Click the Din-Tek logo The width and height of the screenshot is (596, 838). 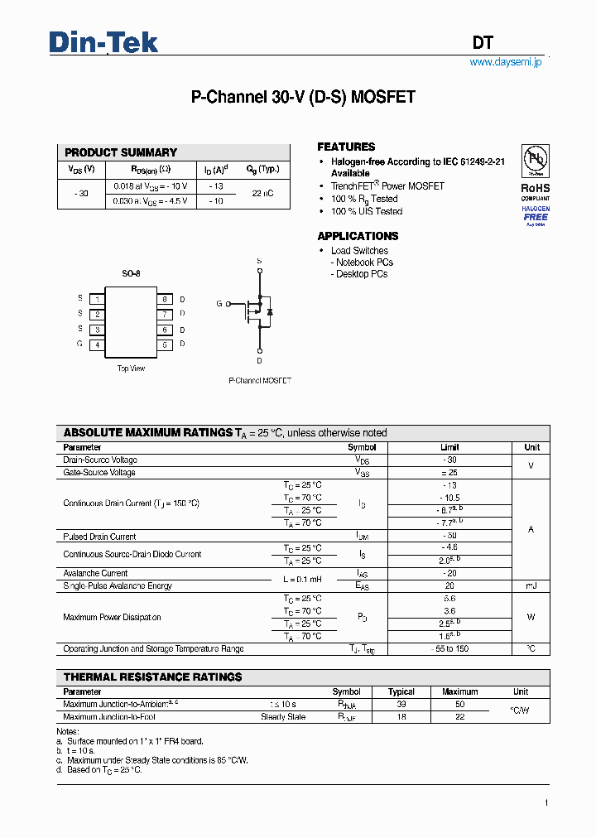tap(103, 42)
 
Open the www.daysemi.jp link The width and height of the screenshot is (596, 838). tap(505, 62)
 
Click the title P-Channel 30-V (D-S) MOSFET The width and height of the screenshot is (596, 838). tap(303, 97)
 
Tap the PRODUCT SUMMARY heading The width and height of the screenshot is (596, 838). tap(121, 152)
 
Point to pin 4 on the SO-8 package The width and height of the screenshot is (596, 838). tap(97, 344)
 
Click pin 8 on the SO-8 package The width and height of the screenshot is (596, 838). tap(165, 299)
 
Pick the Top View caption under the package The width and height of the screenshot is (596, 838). tap(131, 368)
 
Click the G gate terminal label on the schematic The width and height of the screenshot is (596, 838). tap(219, 304)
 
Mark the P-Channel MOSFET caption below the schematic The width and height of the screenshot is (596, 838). tap(260, 381)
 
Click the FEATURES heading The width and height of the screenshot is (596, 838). tap(346, 147)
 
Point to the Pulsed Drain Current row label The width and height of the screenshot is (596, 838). tap(99, 537)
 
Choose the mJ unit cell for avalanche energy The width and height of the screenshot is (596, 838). tap(531, 585)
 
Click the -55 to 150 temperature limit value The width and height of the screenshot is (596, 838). tap(449, 649)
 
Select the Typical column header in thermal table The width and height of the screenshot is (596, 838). tap(401, 691)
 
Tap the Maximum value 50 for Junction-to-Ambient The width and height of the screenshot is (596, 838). tap(460, 704)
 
